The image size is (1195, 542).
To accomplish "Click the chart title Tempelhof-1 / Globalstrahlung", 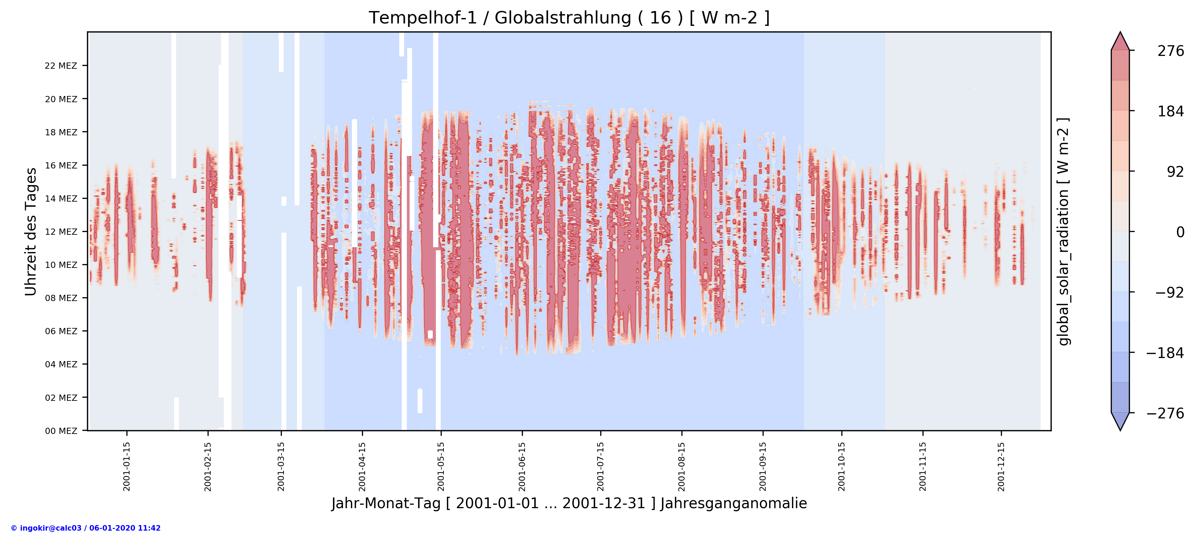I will (569, 18).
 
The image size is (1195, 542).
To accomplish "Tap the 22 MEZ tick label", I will (61, 66).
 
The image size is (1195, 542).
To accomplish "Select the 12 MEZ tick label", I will (61, 232).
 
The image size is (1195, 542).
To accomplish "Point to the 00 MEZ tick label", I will (61, 431).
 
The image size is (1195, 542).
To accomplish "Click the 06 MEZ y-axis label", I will (61, 331).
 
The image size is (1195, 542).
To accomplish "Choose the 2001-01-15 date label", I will (127, 466).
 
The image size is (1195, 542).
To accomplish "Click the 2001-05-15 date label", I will (441, 466).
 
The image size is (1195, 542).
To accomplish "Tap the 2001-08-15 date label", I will (681, 466).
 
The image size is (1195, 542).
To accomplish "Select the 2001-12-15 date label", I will (1001, 466).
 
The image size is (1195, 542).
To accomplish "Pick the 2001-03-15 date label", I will (281, 466).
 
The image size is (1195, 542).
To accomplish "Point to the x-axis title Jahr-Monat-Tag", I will (569, 504).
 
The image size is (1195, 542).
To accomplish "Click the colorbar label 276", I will (1170, 51).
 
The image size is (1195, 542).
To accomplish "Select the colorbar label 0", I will (1180, 232).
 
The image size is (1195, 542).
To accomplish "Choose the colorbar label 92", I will (1175, 172).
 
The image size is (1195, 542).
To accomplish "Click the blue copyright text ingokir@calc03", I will (86, 528).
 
